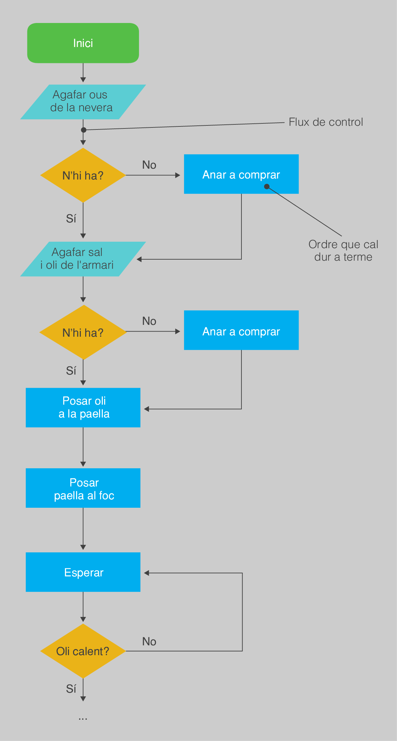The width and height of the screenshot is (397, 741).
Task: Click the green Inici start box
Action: (83, 43)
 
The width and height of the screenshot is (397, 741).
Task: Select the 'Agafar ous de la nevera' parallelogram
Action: (83, 101)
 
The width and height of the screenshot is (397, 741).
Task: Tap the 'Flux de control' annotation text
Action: (326, 122)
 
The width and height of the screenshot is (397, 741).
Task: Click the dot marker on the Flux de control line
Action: (84, 130)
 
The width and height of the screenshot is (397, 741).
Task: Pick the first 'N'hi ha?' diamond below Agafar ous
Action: (83, 175)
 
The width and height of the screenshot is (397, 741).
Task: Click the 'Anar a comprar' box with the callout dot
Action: (241, 174)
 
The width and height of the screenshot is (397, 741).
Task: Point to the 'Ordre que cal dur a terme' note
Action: (343, 250)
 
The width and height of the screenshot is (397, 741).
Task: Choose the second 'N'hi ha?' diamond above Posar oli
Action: (83, 332)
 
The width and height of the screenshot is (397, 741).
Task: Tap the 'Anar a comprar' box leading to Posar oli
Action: (241, 330)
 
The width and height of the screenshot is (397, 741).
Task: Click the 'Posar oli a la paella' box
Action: (83, 407)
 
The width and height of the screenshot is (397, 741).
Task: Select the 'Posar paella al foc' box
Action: (83, 488)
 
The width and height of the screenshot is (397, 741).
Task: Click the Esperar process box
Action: (83, 572)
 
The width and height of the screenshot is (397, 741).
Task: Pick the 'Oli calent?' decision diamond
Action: (83, 651)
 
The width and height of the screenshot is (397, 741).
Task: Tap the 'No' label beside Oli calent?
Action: (149, 642)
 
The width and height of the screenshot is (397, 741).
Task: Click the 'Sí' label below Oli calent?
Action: (71, 689)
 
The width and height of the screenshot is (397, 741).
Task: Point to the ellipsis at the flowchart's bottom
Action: (83, 718)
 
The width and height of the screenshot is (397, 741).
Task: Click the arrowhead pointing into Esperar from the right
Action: (146, 573)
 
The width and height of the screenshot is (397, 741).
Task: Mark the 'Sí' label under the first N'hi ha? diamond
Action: (71, 219)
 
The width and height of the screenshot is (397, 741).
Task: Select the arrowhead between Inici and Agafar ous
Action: (83, 80)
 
